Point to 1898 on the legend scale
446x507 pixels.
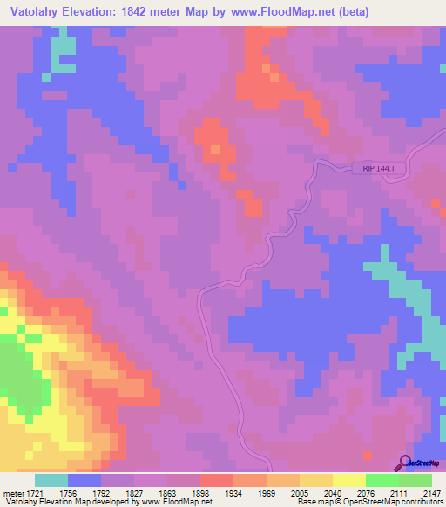(199, 491)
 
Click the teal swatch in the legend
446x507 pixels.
(51, 480)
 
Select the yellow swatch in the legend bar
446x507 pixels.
(349, 480)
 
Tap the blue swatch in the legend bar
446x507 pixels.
(84, 480)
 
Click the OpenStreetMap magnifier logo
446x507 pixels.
(405, 463)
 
